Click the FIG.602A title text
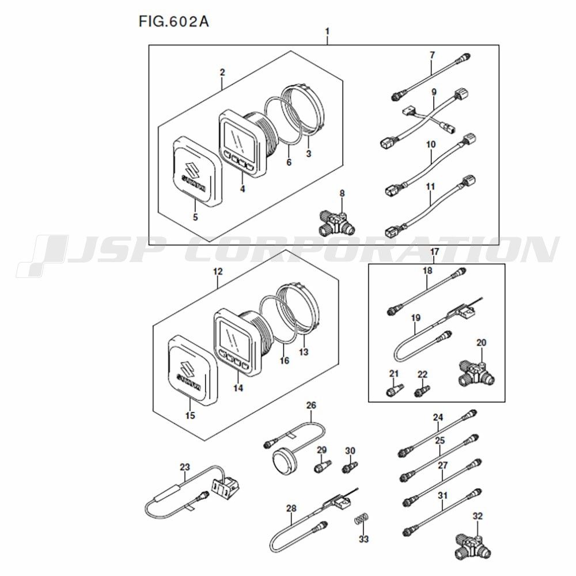[x=173, y=22]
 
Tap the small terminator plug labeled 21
[x=392, y=390]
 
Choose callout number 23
[x=184, y=467]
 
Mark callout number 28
[x=291, y=508]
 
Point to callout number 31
[x=442, y=495]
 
